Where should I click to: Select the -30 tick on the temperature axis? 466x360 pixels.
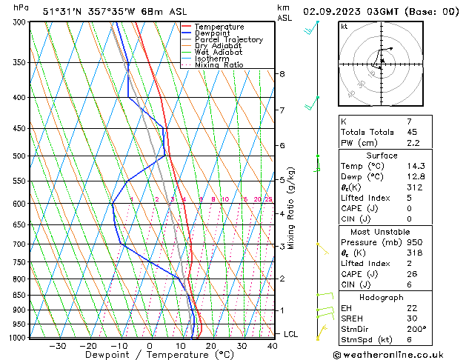click(57, 346)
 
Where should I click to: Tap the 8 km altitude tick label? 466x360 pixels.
click(282, 74)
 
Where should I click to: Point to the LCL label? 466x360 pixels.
click(290, 335)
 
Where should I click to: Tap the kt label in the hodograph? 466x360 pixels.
click(344, 27)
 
